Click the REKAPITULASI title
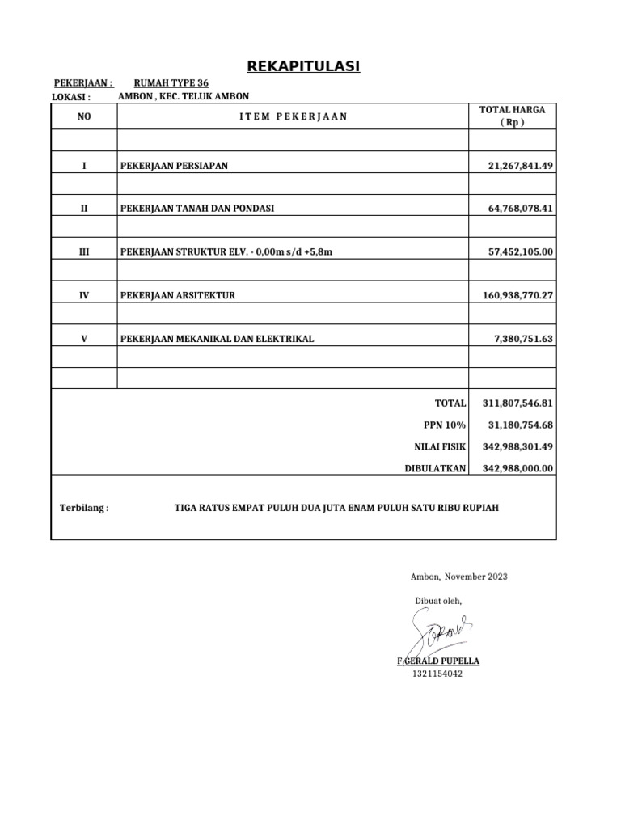pos(304,66)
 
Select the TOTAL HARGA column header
pos(513,116)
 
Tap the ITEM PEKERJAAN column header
pos(294,116)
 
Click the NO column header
pos(84,116)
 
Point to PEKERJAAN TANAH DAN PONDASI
pos(197,209)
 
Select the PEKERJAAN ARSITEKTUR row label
pos(178,296)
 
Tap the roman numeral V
pos(84,340)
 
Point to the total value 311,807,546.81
pos(517,403)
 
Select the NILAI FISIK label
pos(440,446)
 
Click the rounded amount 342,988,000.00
pos(517,468)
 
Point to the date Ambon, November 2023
pos(459,577)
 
